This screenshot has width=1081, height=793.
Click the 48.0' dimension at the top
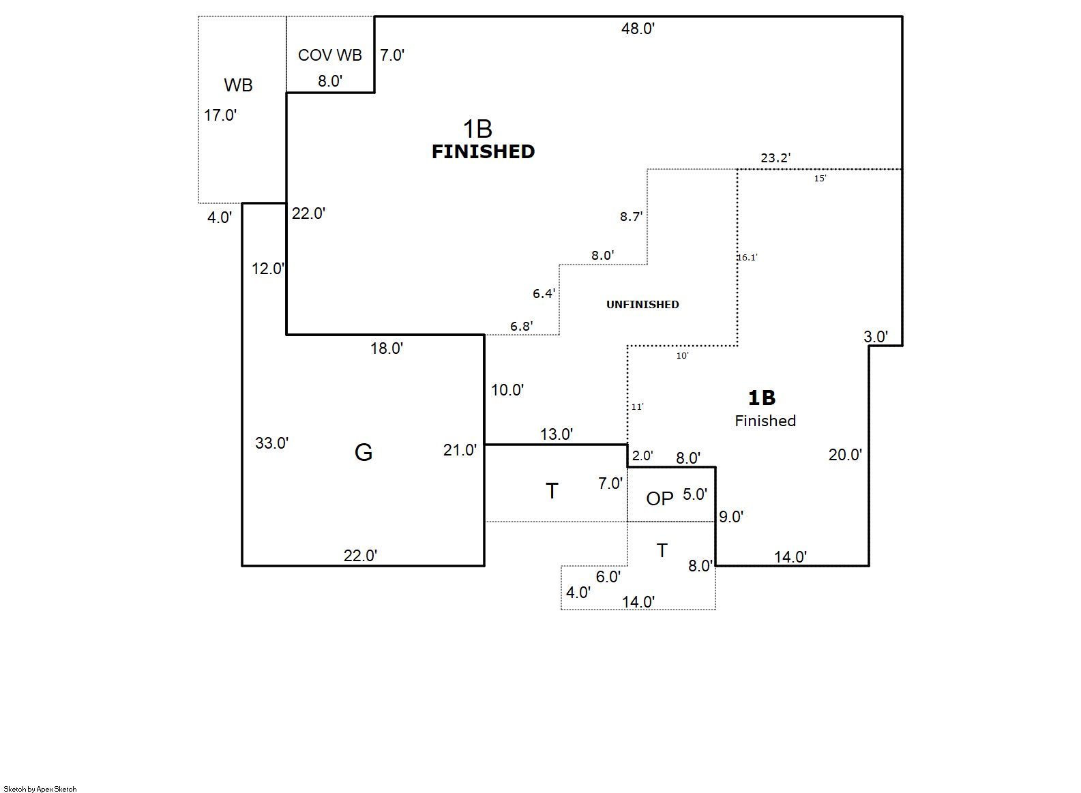[638, 29]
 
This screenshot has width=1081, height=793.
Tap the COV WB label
[329, 55]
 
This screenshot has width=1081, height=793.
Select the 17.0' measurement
[220, 115]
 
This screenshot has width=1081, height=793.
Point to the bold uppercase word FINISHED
[483, 151]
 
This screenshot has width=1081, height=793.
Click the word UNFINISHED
[642, 305]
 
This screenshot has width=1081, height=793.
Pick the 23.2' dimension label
[775, 158]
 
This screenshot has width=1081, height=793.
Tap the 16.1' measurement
[747, 258]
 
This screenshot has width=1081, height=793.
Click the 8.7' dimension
[631, 216]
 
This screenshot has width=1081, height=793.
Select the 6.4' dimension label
[544, 293]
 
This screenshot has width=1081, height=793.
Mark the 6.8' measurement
[521, 326]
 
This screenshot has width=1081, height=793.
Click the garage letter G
[364, 452]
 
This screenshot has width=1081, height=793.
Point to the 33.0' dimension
[271, 443]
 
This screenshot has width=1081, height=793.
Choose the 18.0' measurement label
[387, 348]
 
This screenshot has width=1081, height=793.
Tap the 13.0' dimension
[556, 434]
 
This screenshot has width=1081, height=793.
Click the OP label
[660, 499]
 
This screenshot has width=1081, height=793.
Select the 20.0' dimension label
[845, 455]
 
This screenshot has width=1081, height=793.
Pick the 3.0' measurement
[876, 336]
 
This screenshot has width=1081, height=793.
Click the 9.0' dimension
[730, 517]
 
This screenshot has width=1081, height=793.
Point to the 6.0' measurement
[608, 577]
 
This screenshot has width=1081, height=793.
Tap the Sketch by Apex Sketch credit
[40, 789]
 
